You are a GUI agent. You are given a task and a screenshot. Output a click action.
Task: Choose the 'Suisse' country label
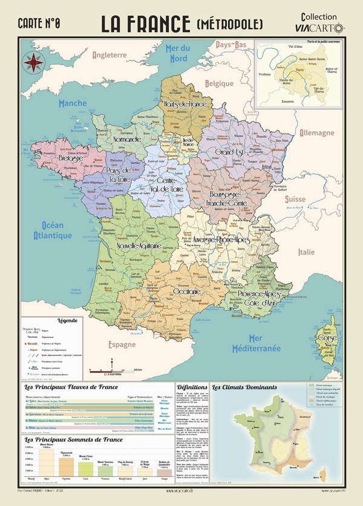pyautogui.click(x=296, y=199)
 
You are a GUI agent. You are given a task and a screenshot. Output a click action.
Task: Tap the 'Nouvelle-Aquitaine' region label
pyautogui.click(x=139, y=246)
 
